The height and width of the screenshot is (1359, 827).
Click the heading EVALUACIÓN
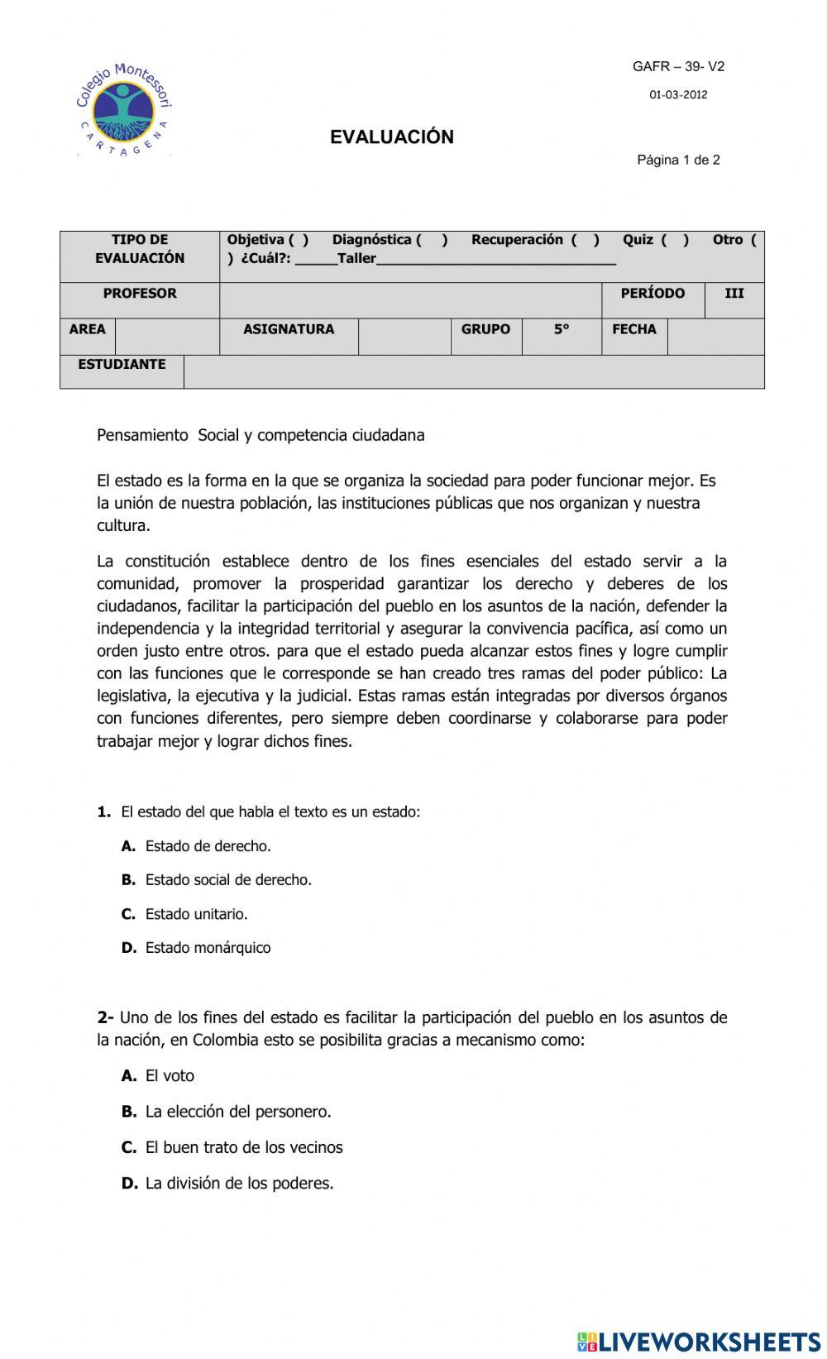(x=392, y=137)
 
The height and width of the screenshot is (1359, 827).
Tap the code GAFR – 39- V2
(x=678, y=67)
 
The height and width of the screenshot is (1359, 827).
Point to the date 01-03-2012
(x=678, y=95)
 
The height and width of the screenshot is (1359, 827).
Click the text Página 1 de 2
(x=678, y=160)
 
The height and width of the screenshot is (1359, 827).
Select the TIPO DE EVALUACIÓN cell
(x=140, y=249)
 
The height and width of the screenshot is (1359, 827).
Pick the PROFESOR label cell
(x=140, y=294)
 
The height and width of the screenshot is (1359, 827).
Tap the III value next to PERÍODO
(x=734, y=294)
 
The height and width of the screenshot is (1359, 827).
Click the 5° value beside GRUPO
(x=562, y=329)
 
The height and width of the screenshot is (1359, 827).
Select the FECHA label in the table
(x=634, y=329)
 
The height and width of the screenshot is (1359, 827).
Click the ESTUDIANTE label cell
(x=122, y=365)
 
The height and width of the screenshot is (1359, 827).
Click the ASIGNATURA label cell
(x=289, y=329)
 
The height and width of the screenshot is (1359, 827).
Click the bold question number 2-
(x=105, y=1017)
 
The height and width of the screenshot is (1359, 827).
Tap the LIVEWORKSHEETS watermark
(x=698, y=1341)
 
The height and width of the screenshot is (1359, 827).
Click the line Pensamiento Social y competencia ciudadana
(x=261, y=435)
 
